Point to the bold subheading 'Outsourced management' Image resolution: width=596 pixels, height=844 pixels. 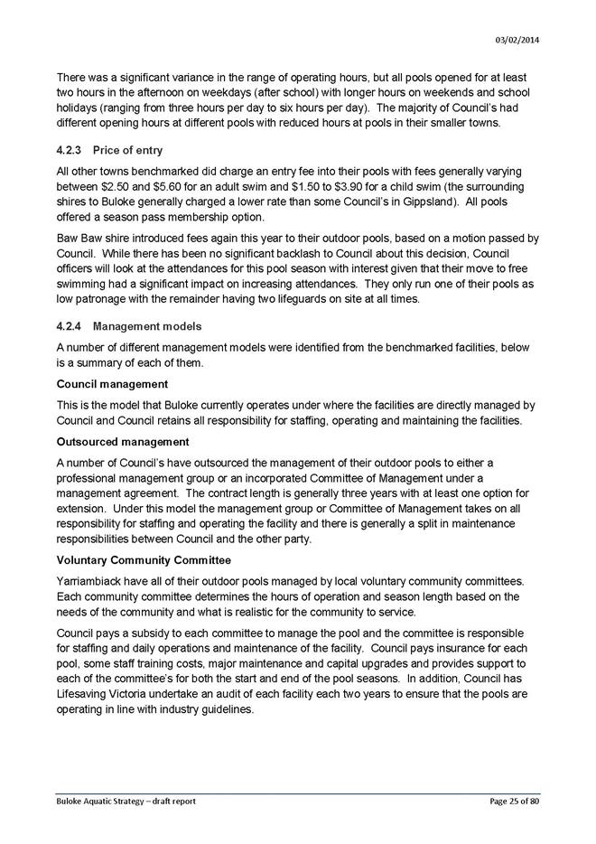[x=122, y=442]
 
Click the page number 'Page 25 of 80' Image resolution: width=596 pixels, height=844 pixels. [x=508, y=801]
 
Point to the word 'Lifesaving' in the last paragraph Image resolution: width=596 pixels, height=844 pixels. [x=81, y=695]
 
